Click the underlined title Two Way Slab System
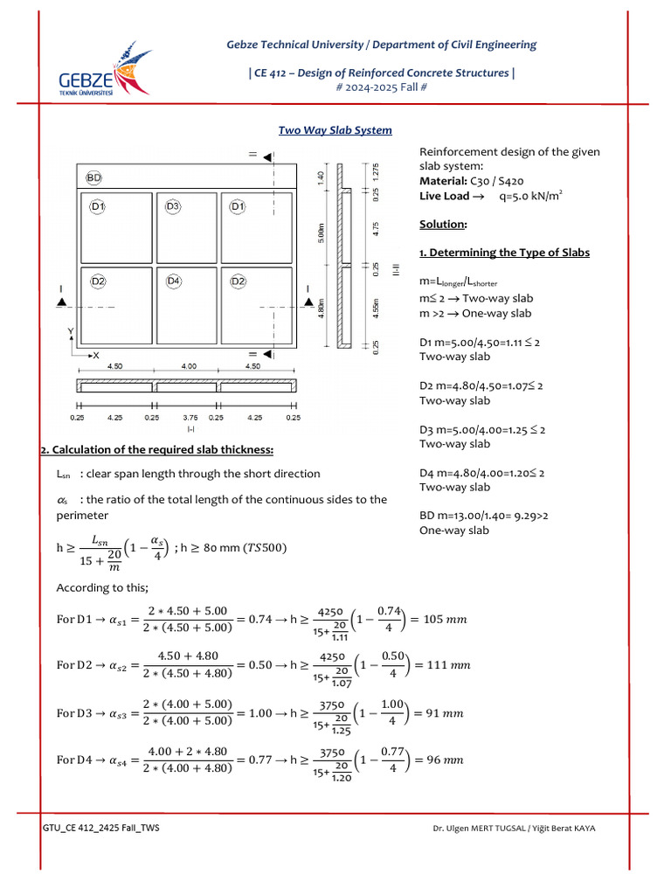[335, 130]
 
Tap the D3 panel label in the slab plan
[172, 206]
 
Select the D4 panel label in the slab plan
[172, 281]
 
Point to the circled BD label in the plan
[93, 177]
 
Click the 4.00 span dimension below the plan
[188, 367]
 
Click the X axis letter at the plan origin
[96, 356]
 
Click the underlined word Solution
[443, 225]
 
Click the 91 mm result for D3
[445, 712]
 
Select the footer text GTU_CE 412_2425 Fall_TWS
[100, 829]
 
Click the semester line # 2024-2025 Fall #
[382, 87]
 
